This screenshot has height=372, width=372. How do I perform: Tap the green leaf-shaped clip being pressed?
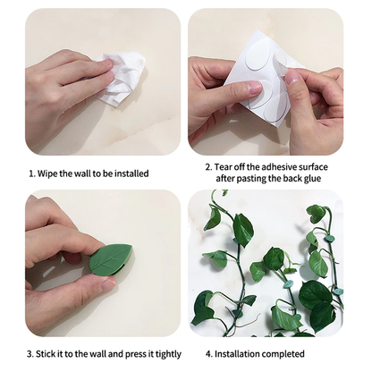pos(111,259)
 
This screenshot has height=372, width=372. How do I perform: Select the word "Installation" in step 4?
pos(235,354)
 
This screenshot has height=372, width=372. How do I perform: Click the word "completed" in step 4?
pos(281,354)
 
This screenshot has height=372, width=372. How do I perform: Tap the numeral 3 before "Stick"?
pos(30,354)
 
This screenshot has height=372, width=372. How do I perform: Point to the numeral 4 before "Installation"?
pos(208,354)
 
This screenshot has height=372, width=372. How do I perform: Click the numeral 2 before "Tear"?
pos(208,167)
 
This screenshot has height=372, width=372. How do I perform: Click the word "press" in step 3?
pos(135,355)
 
